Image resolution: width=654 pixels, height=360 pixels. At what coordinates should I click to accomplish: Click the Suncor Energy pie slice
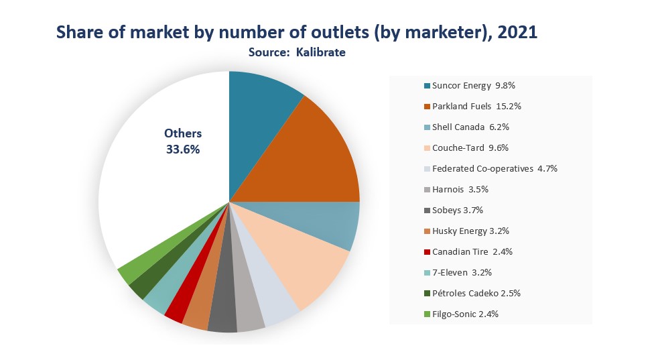(x=259, y=125)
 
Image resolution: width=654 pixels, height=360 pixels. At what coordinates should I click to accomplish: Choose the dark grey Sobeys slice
(x=222, y=308)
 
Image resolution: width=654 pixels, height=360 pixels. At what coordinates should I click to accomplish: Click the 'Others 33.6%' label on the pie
(x=183, y=141)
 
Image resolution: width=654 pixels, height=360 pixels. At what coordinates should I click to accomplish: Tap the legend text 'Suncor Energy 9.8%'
(x=473, y=86)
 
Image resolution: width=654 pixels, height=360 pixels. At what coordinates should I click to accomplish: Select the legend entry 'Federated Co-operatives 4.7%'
(x=495, y=168)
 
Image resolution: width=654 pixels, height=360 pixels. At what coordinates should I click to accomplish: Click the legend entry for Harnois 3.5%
(x=460, y=190)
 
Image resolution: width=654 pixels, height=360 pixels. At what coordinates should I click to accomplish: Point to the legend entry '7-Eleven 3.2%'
(x=462, y=272)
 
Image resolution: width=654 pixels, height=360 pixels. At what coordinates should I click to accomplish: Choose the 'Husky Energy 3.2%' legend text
(x=470, y=231)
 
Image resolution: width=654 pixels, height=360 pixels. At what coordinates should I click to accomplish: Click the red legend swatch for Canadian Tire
(x=427, y=252)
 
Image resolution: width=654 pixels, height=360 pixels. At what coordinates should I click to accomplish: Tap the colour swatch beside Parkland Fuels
(x=427, y=107)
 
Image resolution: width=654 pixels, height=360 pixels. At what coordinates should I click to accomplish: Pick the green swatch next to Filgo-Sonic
(x=427, y=314)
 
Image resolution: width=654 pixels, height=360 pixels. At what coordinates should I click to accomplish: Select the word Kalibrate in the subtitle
(x=321, y=52)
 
